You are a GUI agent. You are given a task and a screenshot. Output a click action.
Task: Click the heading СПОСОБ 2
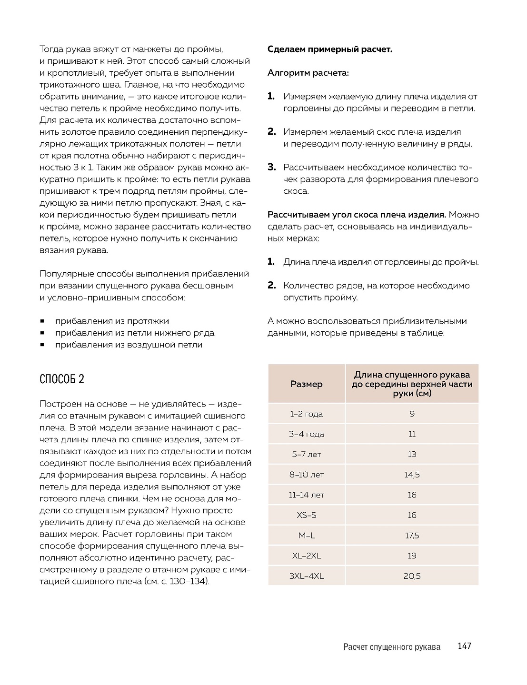click(x=62, y=379)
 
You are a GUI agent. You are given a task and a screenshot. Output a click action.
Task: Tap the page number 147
click(x=464, y=646)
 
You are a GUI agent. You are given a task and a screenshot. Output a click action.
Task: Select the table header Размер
click(x=307, y=384)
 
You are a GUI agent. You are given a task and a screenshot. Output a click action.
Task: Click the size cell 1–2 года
click(x=307, y=414)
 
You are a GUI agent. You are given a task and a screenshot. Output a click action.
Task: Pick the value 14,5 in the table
click(x=412, y=475)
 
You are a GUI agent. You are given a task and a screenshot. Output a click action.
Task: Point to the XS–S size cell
click(x=307, y=515)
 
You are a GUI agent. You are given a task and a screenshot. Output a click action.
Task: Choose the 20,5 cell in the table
click(x=412, y=576)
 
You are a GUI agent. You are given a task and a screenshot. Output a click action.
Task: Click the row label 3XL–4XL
click(x=307, y=576)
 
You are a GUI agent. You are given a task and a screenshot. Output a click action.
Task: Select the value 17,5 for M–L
click(x=412, y=536)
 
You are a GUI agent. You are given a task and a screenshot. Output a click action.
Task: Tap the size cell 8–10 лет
click(x=307, y=475)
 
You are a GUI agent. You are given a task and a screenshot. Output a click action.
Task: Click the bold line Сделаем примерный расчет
click(x=330, y=49)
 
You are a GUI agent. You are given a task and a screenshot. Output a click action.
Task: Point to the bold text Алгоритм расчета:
click(x=308, y=73)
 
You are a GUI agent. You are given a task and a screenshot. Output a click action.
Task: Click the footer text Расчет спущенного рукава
click(x=391, y=647)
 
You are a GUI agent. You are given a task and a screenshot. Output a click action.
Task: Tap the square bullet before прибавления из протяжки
click(x=42, y=321)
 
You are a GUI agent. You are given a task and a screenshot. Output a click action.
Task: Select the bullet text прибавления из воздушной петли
click(x=129, y=345)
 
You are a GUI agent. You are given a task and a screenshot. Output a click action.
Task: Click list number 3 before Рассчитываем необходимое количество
click(x=271, y=167)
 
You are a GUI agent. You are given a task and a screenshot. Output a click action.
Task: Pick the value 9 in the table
click(x=412, y=414)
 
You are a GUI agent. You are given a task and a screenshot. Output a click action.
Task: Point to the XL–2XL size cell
click(x=307, y=556)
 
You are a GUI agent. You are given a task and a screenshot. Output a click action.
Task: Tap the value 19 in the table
click(x=412, y=556)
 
